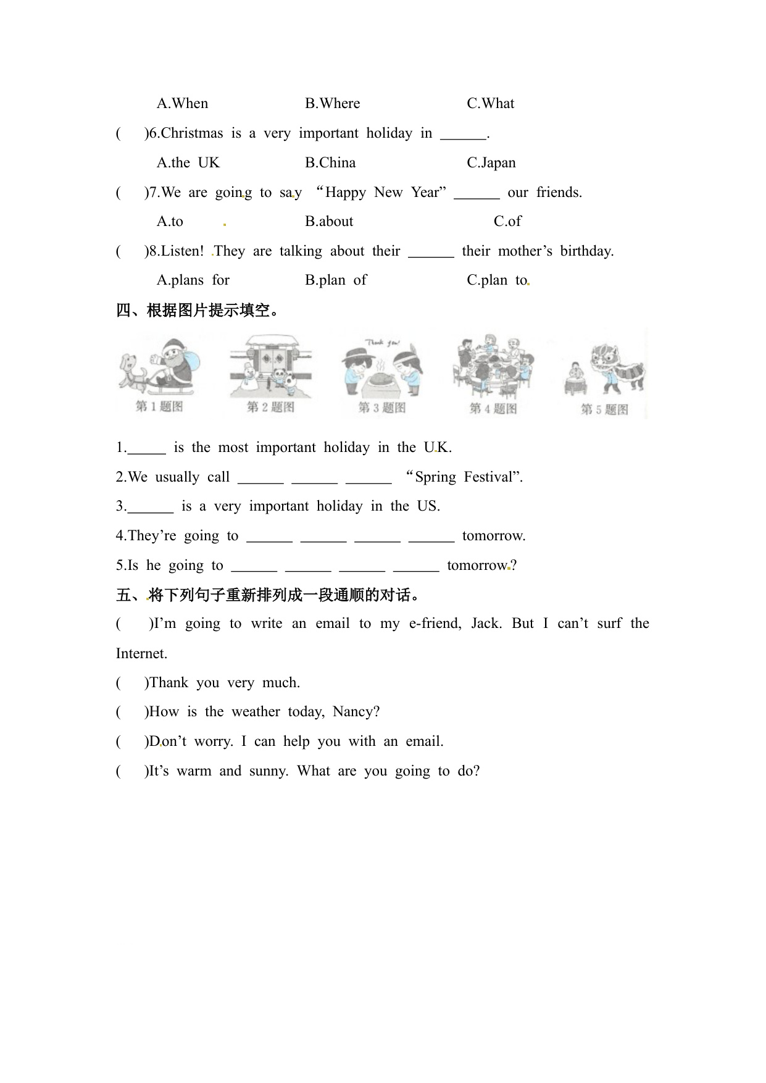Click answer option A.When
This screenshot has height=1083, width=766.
pos(182,103)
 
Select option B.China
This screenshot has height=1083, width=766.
pos(330,162)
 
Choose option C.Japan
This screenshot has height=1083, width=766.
pos(491,162)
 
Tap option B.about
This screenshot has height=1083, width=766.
pos(329,221)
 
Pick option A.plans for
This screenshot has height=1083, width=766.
pos(193,280)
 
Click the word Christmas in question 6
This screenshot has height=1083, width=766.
pos(191,133)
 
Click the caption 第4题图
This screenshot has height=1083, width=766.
pos(493,408)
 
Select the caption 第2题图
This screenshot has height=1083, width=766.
pos(270,407)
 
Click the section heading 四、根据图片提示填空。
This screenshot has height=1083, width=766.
pos(198,311)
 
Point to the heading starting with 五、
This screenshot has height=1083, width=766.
pos(269,595)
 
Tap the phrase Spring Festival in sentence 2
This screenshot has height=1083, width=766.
pos(464,477)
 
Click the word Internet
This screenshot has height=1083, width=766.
pos(141,653)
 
